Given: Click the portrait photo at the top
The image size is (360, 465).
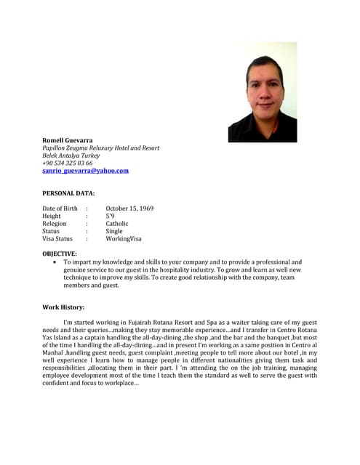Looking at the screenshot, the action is [x=263, y=92].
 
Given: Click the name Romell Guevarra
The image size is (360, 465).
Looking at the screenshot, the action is [x=68, y=139].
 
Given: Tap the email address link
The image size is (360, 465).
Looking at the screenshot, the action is [x=85, y=171].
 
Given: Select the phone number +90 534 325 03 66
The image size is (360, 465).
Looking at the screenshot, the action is [x=68, y=163].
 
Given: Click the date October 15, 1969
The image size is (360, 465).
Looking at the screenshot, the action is [x=129, y=209].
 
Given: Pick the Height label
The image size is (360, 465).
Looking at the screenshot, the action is [x=52, y=216].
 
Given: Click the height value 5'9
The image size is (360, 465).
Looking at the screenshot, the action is [x=110, y=216].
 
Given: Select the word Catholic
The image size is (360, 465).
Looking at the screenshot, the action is [x=117, y=224].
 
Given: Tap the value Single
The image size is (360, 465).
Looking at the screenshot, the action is [x=114, y=231].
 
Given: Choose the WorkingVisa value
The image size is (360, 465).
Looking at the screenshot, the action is [x=124, y=238].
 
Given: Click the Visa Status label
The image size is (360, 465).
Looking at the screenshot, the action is [x=57, y=238].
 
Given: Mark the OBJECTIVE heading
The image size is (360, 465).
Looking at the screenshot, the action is [x=60, y=254].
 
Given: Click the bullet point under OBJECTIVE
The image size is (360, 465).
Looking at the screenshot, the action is [x=55, y=262].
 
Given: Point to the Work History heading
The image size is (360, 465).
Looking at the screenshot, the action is [x=63, y=307].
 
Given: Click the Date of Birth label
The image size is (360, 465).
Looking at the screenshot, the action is [x=60, y=209].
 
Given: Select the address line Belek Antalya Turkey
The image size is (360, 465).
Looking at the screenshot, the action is [x=71, y=155].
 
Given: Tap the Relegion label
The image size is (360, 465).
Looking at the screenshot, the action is [x=55, y=224].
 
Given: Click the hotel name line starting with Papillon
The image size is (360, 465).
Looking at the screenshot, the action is [x=100, y=147].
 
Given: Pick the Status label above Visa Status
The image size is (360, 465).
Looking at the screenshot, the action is [x=51, y=231].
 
